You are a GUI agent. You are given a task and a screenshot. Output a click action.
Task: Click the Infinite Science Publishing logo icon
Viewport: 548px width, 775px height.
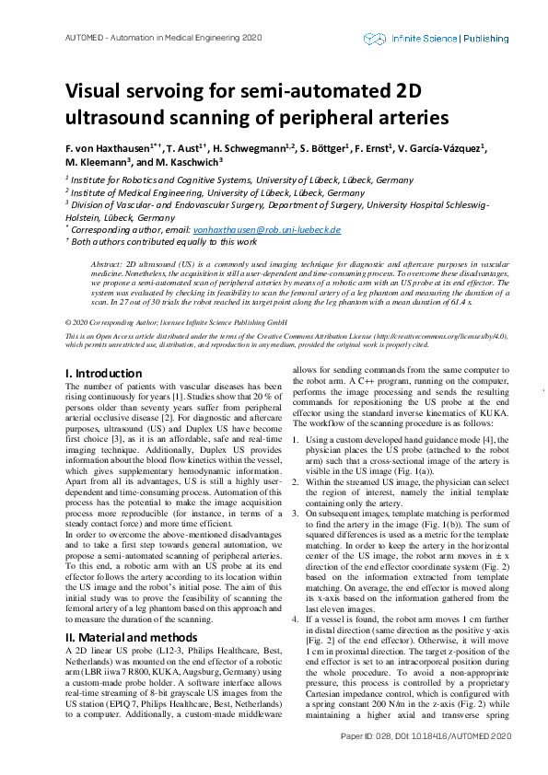374,39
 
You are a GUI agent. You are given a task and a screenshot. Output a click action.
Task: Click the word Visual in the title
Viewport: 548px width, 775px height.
93,92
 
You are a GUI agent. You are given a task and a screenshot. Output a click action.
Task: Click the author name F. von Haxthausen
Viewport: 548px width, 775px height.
111,148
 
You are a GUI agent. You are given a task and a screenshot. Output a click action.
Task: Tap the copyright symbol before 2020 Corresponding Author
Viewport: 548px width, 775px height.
69,323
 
